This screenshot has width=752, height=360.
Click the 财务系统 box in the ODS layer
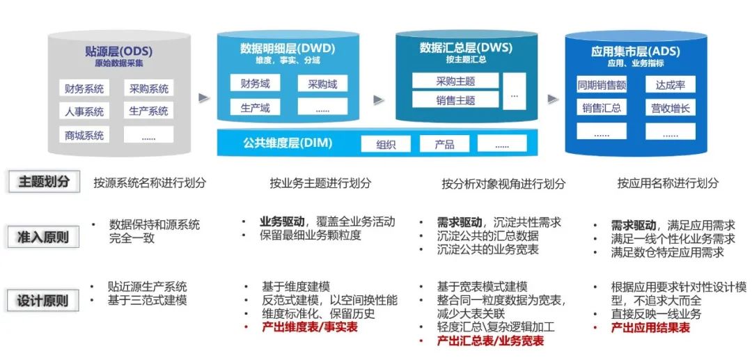[x=84, y=88]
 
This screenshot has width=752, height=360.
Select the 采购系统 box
[x=148, y=88]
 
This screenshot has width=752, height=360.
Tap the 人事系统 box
[x=84, y=111]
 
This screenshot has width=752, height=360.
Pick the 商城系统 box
[x=84, y=135]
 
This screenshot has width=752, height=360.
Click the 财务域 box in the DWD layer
[x=255, y=84]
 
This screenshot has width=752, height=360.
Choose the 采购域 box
[x=322, y=84]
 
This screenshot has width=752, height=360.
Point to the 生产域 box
[x=255, y=107]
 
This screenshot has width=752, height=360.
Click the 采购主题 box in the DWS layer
[x=455, y=81]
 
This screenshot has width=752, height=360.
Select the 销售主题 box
[x=455, y=100]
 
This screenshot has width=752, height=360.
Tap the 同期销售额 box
[x=602, y=85]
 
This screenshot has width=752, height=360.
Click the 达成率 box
[x=670, y=85]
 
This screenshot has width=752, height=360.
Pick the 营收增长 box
[x=670, y=108]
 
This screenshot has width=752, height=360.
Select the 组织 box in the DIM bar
[x=386, y=144]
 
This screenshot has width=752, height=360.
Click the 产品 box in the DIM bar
[x=444, y=144]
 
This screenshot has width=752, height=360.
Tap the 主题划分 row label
[x=43, y=182]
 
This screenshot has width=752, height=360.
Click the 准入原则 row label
[x=43, y=237]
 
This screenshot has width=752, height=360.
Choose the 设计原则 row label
[x=43, y=301]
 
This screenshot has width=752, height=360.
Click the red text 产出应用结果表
[x=650, y=327]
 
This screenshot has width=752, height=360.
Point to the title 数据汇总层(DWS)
[x=457, y=47]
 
